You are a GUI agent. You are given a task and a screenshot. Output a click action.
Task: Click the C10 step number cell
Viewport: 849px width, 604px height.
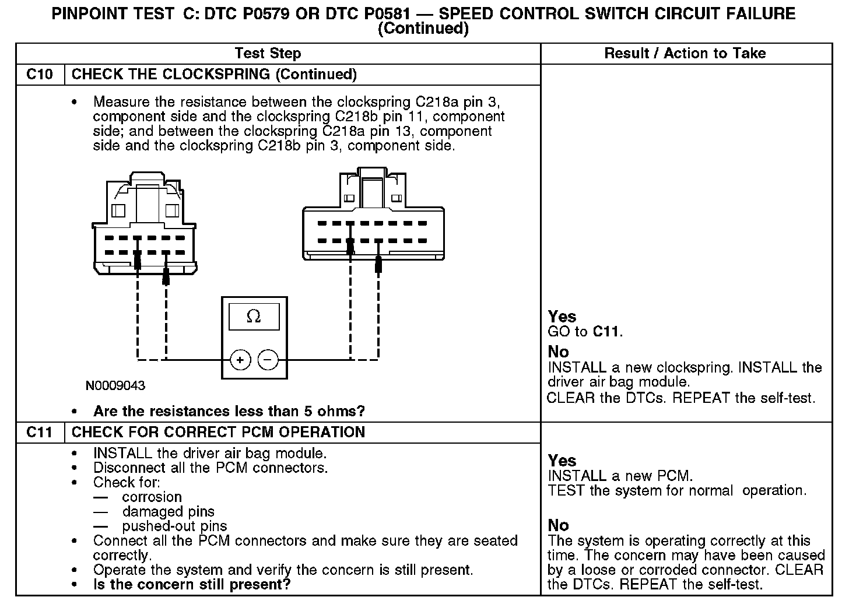(40, 75)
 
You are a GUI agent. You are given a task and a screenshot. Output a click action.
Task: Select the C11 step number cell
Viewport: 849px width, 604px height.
(40, 433)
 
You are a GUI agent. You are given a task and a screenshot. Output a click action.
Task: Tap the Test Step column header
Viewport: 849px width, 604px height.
(268, 54)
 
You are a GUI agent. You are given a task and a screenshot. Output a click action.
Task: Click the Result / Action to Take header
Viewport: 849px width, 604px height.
(685, 54)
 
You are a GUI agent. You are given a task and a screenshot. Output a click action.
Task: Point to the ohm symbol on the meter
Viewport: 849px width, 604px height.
(254, 317)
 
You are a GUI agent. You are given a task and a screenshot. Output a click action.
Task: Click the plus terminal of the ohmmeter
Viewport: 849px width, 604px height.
(240, 360)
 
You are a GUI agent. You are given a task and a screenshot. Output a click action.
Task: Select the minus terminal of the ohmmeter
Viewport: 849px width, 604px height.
(268, 360)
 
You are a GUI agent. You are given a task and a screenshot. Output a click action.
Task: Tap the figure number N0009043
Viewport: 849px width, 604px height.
(115, 386)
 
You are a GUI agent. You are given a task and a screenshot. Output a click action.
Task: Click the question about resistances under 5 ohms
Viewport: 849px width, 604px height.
(229, 412)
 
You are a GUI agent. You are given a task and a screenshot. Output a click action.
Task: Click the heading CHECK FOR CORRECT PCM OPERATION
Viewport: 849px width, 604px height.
(218, 433)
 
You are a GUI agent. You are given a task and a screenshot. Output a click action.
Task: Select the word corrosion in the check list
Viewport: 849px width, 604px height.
(152, 497)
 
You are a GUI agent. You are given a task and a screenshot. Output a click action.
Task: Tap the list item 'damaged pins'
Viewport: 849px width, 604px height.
(168, 512)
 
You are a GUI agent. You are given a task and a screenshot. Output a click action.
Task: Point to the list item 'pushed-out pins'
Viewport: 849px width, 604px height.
(174, 526)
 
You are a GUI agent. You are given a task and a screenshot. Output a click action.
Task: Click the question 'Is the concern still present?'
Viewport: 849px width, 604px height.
(192, 585)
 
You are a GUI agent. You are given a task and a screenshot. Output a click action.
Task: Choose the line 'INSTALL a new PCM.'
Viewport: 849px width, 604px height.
(620, 476)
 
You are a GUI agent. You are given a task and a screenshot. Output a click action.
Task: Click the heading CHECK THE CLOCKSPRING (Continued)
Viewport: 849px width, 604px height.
(214, 75)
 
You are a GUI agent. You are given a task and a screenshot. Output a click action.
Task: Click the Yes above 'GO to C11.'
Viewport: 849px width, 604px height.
(562, 317)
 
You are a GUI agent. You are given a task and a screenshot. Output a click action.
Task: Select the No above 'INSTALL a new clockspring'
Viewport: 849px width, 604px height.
(558, 352)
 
